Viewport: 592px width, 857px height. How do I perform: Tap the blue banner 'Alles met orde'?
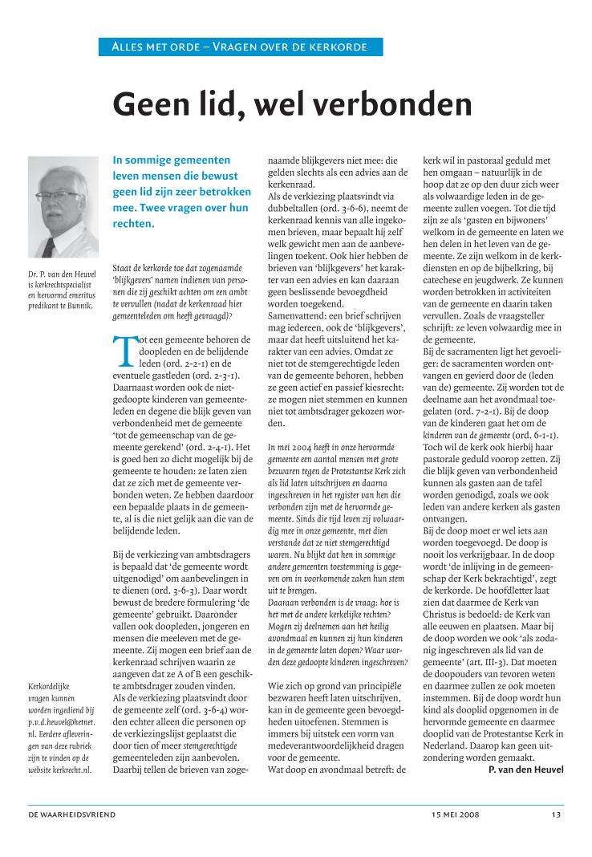[x=241, y=47]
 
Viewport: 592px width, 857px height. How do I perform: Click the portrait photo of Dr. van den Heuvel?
[x=63, y=207]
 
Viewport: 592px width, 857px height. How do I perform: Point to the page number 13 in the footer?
[x=556, y=815]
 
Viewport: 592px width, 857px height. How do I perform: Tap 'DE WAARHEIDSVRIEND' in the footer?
[x=71, y=815]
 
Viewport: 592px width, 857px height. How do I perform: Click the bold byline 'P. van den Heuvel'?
[x=525, y=770]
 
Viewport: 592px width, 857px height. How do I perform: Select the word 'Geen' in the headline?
[x=152, y=104]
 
